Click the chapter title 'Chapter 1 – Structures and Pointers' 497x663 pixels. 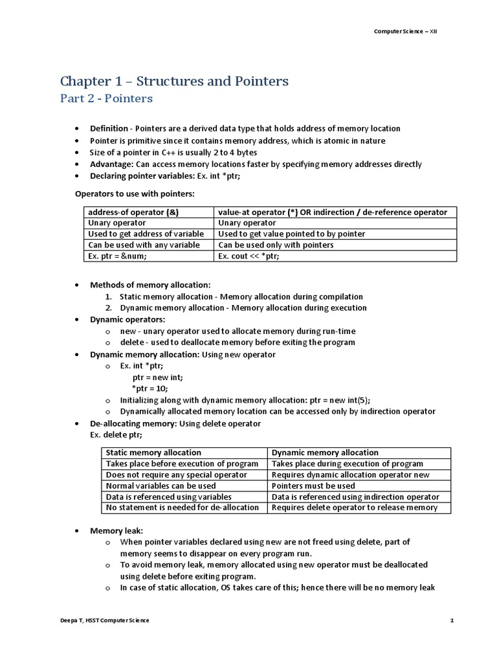coord(174,81)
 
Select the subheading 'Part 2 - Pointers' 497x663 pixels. coord(106,98)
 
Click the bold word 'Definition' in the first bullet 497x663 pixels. coord(109,128)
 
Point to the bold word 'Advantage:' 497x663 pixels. coord(111,164)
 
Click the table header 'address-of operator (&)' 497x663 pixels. coord(130,212)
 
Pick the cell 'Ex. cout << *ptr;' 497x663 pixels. coord(249,256)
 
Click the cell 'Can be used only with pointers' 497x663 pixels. coord(276,245)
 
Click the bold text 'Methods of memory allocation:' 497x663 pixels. coord(150,284)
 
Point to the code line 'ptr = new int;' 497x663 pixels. coord(158,376)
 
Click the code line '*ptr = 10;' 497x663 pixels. coord(150,388)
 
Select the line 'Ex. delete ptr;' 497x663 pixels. coord(116,434)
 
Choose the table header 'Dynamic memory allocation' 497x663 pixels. coord(325,453)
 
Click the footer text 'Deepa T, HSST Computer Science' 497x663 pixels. coord(104,620)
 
